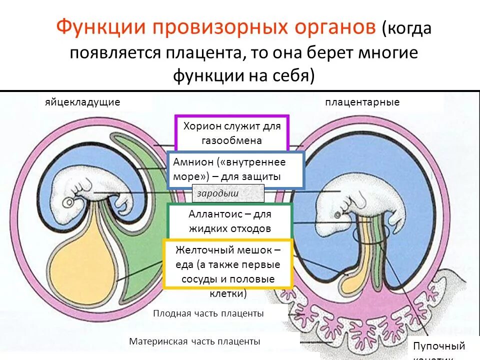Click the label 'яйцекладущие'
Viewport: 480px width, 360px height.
coord(82,102)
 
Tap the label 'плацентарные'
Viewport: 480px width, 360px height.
coord(362,102)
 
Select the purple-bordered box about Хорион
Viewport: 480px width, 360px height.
coord(231,133)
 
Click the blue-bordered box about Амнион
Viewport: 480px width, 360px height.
coord(235,169)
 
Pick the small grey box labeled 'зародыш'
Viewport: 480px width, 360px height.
coord(228,193)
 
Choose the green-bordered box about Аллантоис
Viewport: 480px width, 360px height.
coord(230,221)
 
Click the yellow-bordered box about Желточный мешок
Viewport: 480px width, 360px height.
coord(228,264)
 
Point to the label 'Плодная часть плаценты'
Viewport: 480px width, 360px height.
coord(208,313)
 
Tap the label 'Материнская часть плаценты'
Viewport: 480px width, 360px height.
coord(194,341)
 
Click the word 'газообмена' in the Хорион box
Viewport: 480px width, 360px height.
coord(231,140)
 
